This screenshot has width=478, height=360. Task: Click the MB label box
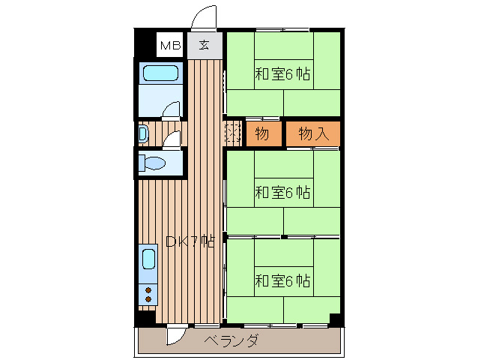(x=170, y=46)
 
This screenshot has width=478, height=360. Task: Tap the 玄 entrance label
(x=204, y=45)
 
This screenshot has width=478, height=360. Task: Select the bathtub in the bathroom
(x=161, y=73)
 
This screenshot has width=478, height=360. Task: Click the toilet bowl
(x=156, y=163)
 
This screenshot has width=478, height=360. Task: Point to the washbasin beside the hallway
(x=142, y=135)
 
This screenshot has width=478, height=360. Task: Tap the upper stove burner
(x=148, y=289)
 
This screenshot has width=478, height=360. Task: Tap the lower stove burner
(x=148, y=299)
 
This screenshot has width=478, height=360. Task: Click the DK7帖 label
(x=190, y=241)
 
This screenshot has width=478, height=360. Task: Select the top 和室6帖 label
(x=282, y=74)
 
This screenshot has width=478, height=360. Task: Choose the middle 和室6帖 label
(x=282, y=192)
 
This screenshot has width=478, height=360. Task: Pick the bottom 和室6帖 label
(x=282, y=281)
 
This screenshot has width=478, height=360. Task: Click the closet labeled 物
(x=261, y=134)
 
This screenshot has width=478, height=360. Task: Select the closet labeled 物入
(x=313, y=134)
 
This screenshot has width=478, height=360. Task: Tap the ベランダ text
(x=232, y=341)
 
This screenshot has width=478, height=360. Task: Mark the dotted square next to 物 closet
(x=232, y=134)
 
